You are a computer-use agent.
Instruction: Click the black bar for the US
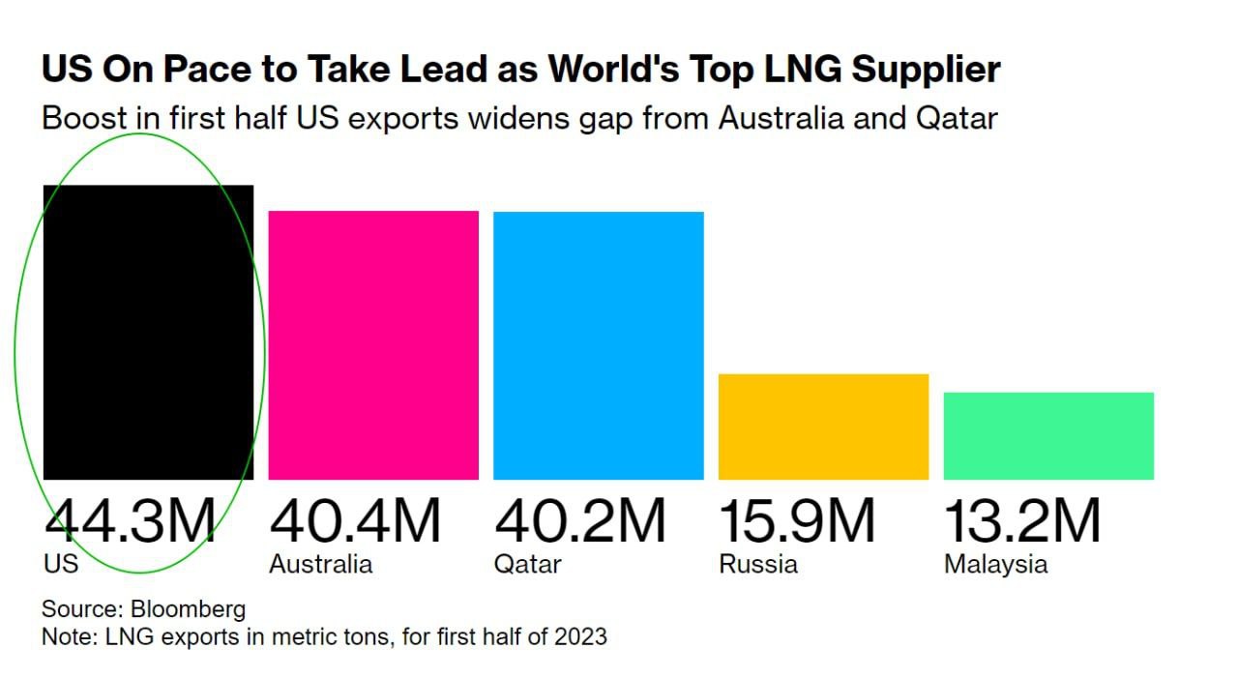pyautogui.click(x=148, y=332)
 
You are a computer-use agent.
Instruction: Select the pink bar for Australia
pyautogui.click(x=373, y=344)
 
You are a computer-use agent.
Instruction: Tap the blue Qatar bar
pyautogui.click(x=599, y=345)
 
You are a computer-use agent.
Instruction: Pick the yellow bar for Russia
pyautogui.click(x=823, y=427)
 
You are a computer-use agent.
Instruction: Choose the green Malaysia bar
pyautogui.click(x=1048, y=435)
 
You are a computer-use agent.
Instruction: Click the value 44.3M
pyautogui.click(x=130, y=520)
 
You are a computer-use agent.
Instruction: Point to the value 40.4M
pyautogui.click(x=355, y=520)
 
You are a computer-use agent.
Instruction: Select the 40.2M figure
pyautogui.click(x=580, y=520)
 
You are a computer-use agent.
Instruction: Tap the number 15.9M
pyautogui.click(x=797, y=520)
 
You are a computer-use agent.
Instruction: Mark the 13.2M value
pyautogui.click(x=1022, y=520)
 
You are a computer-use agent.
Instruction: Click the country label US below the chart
pyautogui.click(x=60, y=564)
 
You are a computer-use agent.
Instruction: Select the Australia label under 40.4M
pyautogui.click(x=320, y=564)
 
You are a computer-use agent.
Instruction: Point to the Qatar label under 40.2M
pyautogui.click(x=527, y=565)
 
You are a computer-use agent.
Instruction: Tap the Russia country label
pyautogui.click(x=758, y=564)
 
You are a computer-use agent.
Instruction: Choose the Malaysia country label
pyautogui.click(x=995, y=565)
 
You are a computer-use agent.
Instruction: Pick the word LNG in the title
pyautogui.click(x=771, y=70)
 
